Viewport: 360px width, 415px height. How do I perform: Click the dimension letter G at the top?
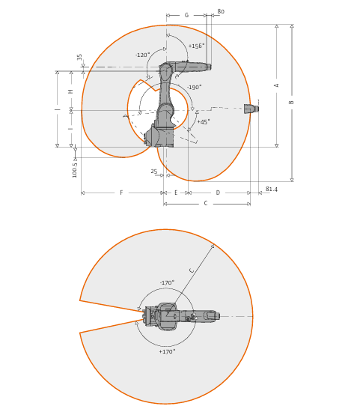pyautogui.click(x=186, y=15)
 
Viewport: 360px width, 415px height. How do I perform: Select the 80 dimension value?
pyautogui.click(x=221, y=11)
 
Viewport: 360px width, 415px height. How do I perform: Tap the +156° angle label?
pyautogui.click(x=197, y=46)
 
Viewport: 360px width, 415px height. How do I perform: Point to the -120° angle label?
pyautogui.click(x=142, y=55)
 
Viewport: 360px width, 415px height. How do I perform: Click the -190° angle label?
pyautogui.click(x=194, y=87)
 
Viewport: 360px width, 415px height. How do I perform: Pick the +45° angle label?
pyautogui.click(x=204, y=122)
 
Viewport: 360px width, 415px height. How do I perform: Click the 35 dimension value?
pyautogui.click(x=79, y=57)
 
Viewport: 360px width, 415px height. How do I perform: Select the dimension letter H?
pyautogui.click(x=70, y=91)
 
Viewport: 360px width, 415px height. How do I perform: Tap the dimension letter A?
pyautogui.click(x=276, y=85)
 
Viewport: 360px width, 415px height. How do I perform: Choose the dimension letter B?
pyautogui.click(x=291, y=102)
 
